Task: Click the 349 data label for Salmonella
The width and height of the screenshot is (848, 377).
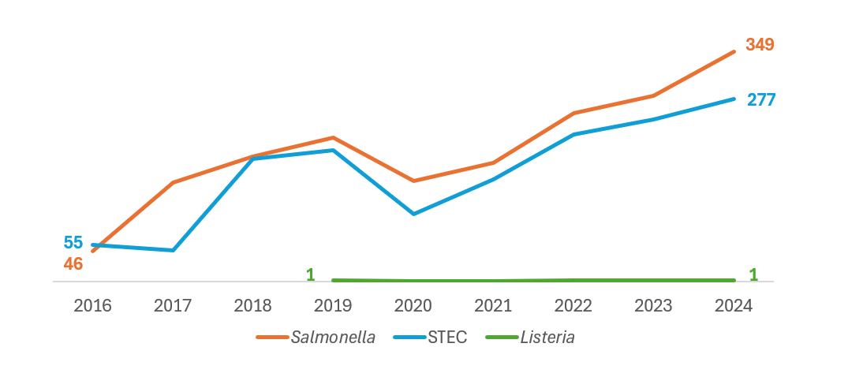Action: point(760,45)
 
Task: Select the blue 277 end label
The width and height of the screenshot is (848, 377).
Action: point(761,100)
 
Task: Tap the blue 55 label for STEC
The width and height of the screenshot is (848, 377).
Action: point(73,243)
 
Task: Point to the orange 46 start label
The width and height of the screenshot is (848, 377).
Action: point(73,264)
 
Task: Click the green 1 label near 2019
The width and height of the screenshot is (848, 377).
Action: point(310,274)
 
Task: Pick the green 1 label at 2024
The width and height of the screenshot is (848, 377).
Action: point(753,274)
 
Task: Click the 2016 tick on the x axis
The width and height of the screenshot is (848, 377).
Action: point(93,305)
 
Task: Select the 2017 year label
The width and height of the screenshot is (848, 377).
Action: point(173,305)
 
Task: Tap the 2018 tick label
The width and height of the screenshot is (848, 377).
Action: point(253,305)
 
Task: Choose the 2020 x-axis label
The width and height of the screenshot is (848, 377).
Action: point(413,305)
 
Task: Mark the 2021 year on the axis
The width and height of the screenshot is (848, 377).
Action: point(494,305)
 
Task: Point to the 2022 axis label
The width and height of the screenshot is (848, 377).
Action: point(573,305)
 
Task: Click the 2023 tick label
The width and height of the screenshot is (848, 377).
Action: point(654,305)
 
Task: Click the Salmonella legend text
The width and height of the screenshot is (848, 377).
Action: point(333,338)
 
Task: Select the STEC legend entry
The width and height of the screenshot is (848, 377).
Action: point(447,338)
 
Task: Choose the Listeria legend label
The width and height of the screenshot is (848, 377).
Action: point(547,338)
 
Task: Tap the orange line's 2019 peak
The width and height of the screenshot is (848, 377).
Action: point(333,137)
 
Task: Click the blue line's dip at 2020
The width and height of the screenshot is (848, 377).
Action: point(413,214)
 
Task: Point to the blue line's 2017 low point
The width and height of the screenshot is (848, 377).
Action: point(173,250)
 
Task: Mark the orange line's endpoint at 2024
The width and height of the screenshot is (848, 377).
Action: point(734,51)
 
